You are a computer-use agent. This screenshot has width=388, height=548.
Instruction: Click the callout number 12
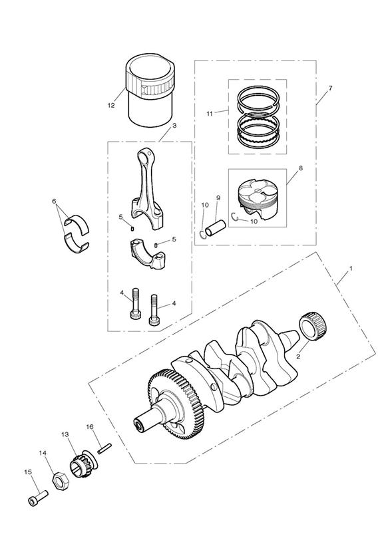111,105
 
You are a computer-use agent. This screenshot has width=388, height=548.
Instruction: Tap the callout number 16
90,427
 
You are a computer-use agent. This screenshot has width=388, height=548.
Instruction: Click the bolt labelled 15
37,497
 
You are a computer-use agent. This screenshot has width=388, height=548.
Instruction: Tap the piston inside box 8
258,200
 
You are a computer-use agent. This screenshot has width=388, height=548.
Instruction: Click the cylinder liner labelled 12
150,90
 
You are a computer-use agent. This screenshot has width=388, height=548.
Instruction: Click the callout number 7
330,88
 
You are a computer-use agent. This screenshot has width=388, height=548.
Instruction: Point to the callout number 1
351,269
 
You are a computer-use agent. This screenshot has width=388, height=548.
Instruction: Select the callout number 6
54,202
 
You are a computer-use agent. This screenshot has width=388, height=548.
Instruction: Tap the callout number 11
209,114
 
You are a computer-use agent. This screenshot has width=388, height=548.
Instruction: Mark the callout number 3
174,126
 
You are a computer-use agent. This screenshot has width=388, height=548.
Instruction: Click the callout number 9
218,198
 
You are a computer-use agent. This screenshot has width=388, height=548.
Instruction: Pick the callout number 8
301,168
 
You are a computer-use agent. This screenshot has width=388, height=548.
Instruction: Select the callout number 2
298,356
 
